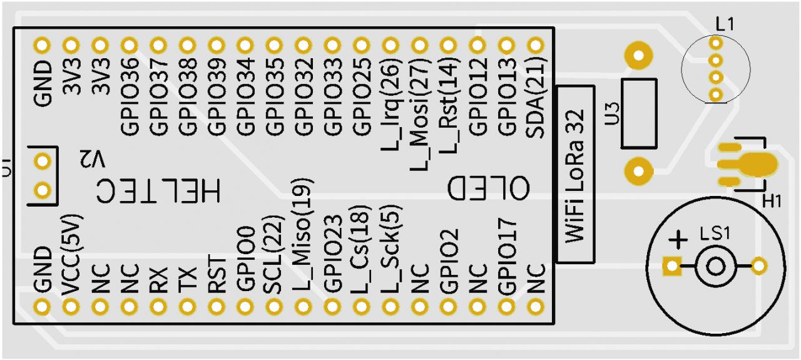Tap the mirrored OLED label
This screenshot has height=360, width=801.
pos(489,187)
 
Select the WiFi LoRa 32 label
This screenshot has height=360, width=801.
pos(575,175)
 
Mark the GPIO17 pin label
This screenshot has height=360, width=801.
pos(506,256)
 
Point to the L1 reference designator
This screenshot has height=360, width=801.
pos(726,24)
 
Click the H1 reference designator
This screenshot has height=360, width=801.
pos(772,201)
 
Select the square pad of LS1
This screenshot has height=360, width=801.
pos(672,267)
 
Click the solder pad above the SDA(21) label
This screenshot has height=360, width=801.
pos(535,45)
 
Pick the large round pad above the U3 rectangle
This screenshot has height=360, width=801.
pos(638,55)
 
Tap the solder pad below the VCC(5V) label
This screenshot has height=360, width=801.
pos(71,307)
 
